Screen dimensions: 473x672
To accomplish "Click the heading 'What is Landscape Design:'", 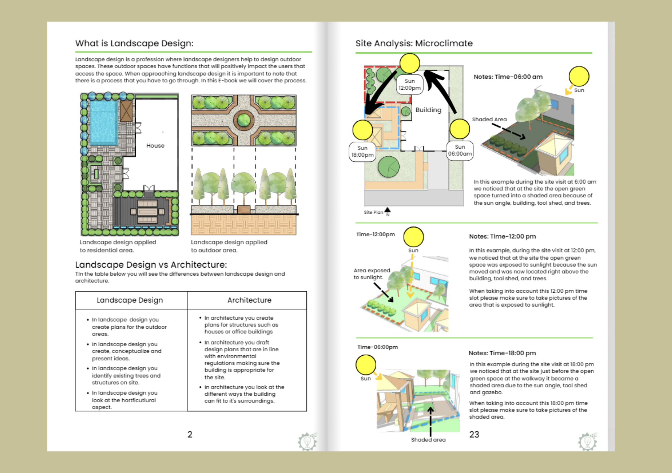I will pyautogui.click(x=134, y=43).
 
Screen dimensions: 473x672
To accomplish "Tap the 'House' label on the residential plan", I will pyautogui.click(x=155, y=146).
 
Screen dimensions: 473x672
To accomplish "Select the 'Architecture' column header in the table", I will pyautogui.click(x=249, y=300).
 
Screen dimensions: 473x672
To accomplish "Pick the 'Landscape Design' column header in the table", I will pyautogui.click(x=130, y=300).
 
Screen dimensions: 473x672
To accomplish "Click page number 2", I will pyautogui.click(x=190, y=434).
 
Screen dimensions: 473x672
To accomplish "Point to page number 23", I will pyautogui.click(x=474, y=434).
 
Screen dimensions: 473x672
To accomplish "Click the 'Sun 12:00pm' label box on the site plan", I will pyautogui.click(x=409, y=85).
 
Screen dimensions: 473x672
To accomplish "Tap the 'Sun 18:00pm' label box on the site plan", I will pyautogui.click(x=362, y=152).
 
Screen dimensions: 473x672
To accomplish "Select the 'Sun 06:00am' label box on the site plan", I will pyautogui.click(x=460, y=151).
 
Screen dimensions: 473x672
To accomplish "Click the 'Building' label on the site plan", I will pyautogui.click(x=428, y=110).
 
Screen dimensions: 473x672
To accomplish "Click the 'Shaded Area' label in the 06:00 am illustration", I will pyautogui.click(x=489, y=119).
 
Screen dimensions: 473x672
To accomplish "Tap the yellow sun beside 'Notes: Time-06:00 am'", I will pyautogui.click(x=579, y=76).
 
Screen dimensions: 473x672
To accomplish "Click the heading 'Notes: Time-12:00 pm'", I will pyautogui.click(x=502, y=236).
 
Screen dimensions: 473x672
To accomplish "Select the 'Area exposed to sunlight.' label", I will pyautogui.click(x=372, y=274).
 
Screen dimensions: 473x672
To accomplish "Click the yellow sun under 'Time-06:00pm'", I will pyautogui.click(x=366, y=365).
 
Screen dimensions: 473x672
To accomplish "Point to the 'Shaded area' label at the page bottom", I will pyautogui.click(x=428, y=440).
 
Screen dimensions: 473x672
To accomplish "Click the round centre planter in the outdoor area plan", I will pyautogui.click(x=244, y=120).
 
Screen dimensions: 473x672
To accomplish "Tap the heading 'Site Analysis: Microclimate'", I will pyautogui.click(x=414, y=43).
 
